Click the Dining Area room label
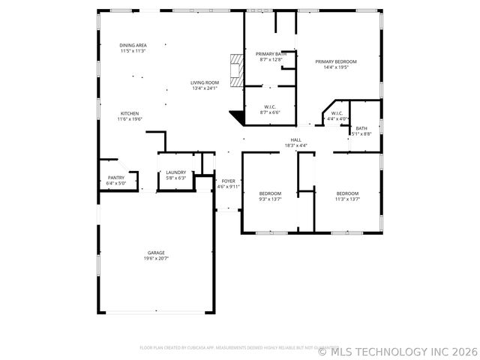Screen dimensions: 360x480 pos(133,46)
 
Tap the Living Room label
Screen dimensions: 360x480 pos(204,82)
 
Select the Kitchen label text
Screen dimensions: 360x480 pos(130,113)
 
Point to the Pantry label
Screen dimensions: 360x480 pos(115,178)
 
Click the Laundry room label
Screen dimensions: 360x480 pos(175,173)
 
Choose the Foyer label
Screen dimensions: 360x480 pos(228,181)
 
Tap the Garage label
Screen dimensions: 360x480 pos(156,253)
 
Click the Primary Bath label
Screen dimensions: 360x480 pos(271,54)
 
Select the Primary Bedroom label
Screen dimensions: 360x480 pos(335,61)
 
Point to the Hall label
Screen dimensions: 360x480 pos(296,140)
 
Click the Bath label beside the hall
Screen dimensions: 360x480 pos(361,128)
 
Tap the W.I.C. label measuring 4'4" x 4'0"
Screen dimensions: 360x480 pos(337,113)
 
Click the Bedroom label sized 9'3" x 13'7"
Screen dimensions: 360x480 pos(270,193)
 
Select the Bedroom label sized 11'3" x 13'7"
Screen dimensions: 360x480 pos(347,193)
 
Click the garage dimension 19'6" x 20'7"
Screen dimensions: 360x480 pos(156,258)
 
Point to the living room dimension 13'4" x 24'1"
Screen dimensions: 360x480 pos(204,88)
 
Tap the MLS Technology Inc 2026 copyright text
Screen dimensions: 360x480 pos(397,351)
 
